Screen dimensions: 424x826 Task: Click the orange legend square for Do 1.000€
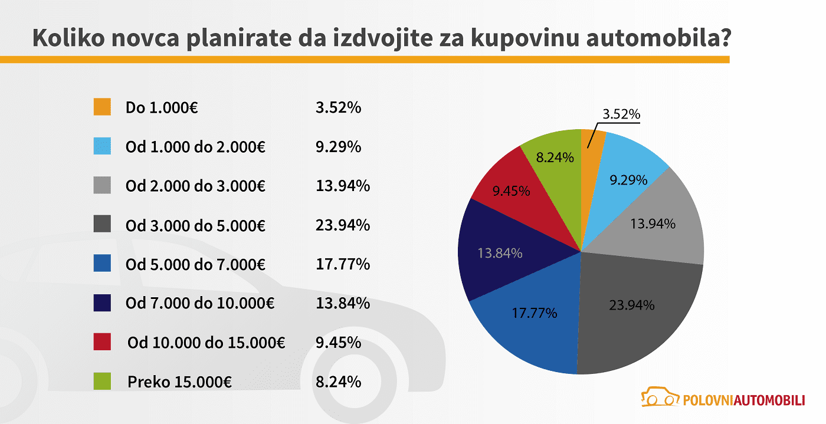(102, 107)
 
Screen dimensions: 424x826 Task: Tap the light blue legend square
(102, 146)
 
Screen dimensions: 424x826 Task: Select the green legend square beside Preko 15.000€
(102, 382)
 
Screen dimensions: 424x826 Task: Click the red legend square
(102, 342)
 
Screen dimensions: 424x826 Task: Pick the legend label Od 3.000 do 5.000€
(195, 225)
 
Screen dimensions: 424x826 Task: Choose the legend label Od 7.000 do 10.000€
(200, 303)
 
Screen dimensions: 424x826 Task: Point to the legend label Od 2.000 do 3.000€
(195, 186)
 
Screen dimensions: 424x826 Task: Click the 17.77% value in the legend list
(343, 264)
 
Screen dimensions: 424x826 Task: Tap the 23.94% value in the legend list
(343, 225)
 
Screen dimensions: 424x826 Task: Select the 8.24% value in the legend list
(338, 382)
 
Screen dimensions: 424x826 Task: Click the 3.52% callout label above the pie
(621, 114)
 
